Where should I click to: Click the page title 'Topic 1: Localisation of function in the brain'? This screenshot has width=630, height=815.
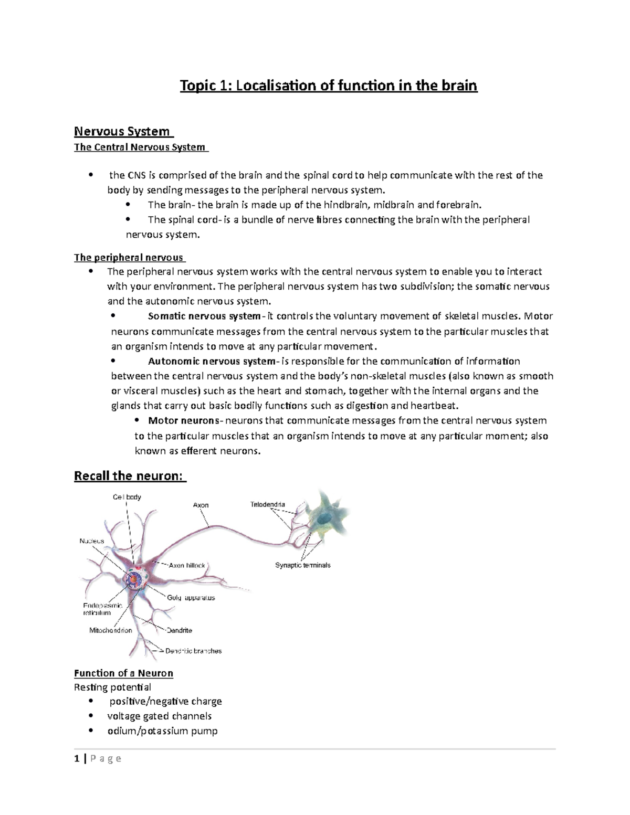[329, 85]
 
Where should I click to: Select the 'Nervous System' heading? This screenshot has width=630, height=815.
[122, 131]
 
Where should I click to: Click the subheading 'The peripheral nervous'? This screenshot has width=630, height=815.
[129, 258]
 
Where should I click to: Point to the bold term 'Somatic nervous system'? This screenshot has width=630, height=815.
[204, 316]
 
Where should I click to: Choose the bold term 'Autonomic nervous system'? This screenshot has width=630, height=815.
[212, 362]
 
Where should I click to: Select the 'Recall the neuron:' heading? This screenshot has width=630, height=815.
[129, 476]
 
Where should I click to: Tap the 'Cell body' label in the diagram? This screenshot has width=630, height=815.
[127, 497]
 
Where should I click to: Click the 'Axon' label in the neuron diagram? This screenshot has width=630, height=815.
[201, 505]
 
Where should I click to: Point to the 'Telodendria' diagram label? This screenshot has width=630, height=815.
[267, 505]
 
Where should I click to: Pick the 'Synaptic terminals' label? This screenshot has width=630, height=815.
[303, 565]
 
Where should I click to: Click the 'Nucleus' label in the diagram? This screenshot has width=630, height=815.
[92, 541]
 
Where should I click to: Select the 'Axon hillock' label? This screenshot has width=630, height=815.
[187, 566]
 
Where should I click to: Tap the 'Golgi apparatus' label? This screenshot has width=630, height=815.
[191, 598]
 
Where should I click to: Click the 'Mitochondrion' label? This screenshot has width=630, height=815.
[111, 630]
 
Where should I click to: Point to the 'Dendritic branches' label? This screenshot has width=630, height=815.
[194, 651]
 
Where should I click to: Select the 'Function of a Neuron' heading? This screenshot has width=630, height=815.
[123, 673]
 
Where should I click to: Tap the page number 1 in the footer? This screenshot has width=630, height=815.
[77, 758]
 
